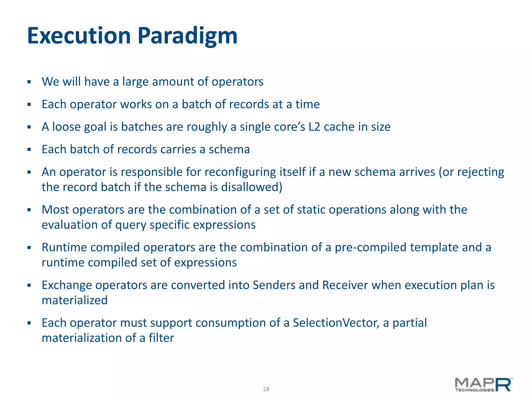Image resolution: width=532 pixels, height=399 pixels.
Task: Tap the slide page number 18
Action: (266, 389)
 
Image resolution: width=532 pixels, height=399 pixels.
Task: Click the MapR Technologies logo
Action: (483, 385)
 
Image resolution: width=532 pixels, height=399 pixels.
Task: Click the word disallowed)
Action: (251, 187)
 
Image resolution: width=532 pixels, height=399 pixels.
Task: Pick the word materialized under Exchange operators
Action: (75, 301)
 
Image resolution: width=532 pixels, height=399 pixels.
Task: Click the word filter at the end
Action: (161, 338)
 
